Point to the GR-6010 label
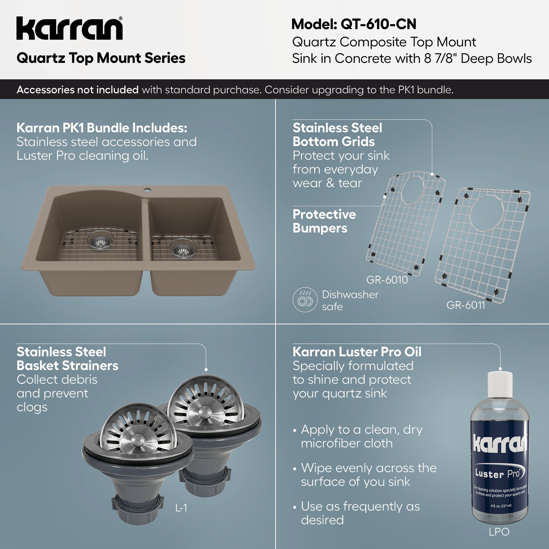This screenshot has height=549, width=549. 387,280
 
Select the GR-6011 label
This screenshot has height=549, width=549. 466,305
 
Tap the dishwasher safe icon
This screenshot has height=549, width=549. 305,300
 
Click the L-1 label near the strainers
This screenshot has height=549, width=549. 181,508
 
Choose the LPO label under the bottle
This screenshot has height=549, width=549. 499,532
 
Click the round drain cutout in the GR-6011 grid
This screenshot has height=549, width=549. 487,213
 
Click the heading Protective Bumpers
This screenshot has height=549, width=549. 324,221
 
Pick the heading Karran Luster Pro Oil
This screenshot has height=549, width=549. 357,352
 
